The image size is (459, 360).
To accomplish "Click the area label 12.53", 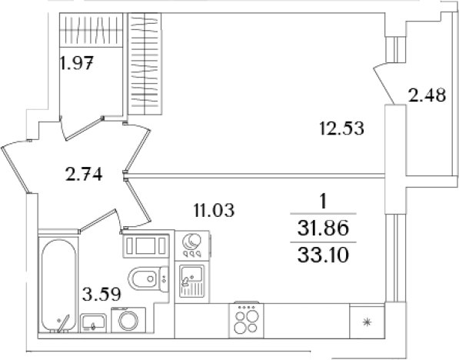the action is click(x=341, y=128).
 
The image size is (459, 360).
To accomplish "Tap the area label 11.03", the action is click(x=214, y=210).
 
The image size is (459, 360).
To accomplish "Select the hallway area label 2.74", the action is click(x=84, y=174).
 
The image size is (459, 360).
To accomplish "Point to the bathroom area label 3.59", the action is click(x=101, y=294).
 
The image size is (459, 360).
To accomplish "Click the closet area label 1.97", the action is click(x=77, y=62).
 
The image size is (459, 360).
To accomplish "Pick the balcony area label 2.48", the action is click(x=427, y=95).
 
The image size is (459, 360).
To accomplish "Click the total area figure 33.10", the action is click(x=323, y=255).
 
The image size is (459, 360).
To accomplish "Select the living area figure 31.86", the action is click(x=323, y=228).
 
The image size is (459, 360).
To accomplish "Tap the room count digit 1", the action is click(x=323, y=202).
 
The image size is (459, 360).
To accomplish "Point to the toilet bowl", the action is click(x=148, y=278).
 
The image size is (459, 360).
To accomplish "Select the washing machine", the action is click(x=128, y=319).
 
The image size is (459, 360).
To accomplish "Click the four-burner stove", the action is click(x=246, y=319).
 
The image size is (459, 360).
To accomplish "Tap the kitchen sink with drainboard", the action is click(x=191, y=281).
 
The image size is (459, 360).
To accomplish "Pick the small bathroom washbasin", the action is click(x=93, y=323).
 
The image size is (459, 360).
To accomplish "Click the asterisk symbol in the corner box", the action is click(x=367, y=323).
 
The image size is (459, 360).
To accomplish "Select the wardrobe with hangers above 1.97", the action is click(x=91, y=30).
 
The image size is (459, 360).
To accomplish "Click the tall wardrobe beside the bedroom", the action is click(x=145, y=64).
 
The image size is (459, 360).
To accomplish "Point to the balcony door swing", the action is click(x=384, y=84).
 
